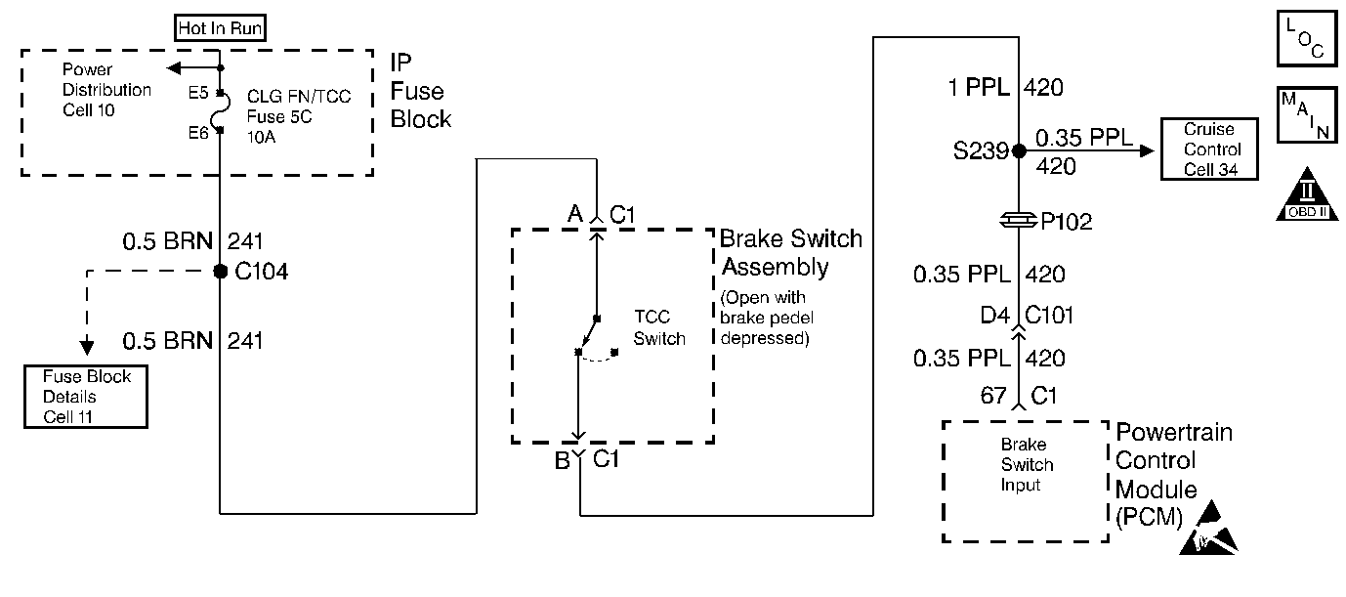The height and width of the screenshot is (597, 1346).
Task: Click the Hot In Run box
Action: (220, 28)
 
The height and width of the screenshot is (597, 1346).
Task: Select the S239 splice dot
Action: (1019, 150)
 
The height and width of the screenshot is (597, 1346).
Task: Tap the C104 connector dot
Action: (221, 272)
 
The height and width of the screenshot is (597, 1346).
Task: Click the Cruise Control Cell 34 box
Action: (1209, 149)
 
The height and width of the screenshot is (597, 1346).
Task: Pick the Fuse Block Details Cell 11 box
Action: (86, 397)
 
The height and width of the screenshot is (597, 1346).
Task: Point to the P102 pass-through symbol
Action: (1019, 221)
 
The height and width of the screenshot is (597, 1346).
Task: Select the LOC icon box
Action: (1308, 38)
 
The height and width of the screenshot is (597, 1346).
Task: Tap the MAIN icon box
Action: (1308, 115)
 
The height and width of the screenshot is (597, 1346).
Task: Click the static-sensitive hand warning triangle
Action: (1208, 528)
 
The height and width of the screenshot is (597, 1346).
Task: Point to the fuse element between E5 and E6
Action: (224, 111)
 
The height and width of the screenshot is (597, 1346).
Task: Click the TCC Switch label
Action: (659, 327)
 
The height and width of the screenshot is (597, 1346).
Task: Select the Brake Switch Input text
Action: (1027, 465)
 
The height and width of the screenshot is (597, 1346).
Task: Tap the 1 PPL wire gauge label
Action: (979, 88)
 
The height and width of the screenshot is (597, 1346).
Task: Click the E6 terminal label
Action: (198, 133)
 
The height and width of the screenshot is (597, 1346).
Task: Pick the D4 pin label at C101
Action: (994, 315)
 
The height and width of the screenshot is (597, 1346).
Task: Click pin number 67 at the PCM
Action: (993, 396)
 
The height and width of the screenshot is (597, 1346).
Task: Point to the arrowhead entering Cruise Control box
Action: (1147, 150)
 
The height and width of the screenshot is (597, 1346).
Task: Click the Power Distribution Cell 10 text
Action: (106, 90)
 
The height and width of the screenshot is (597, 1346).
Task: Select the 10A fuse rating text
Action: (262, 137)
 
